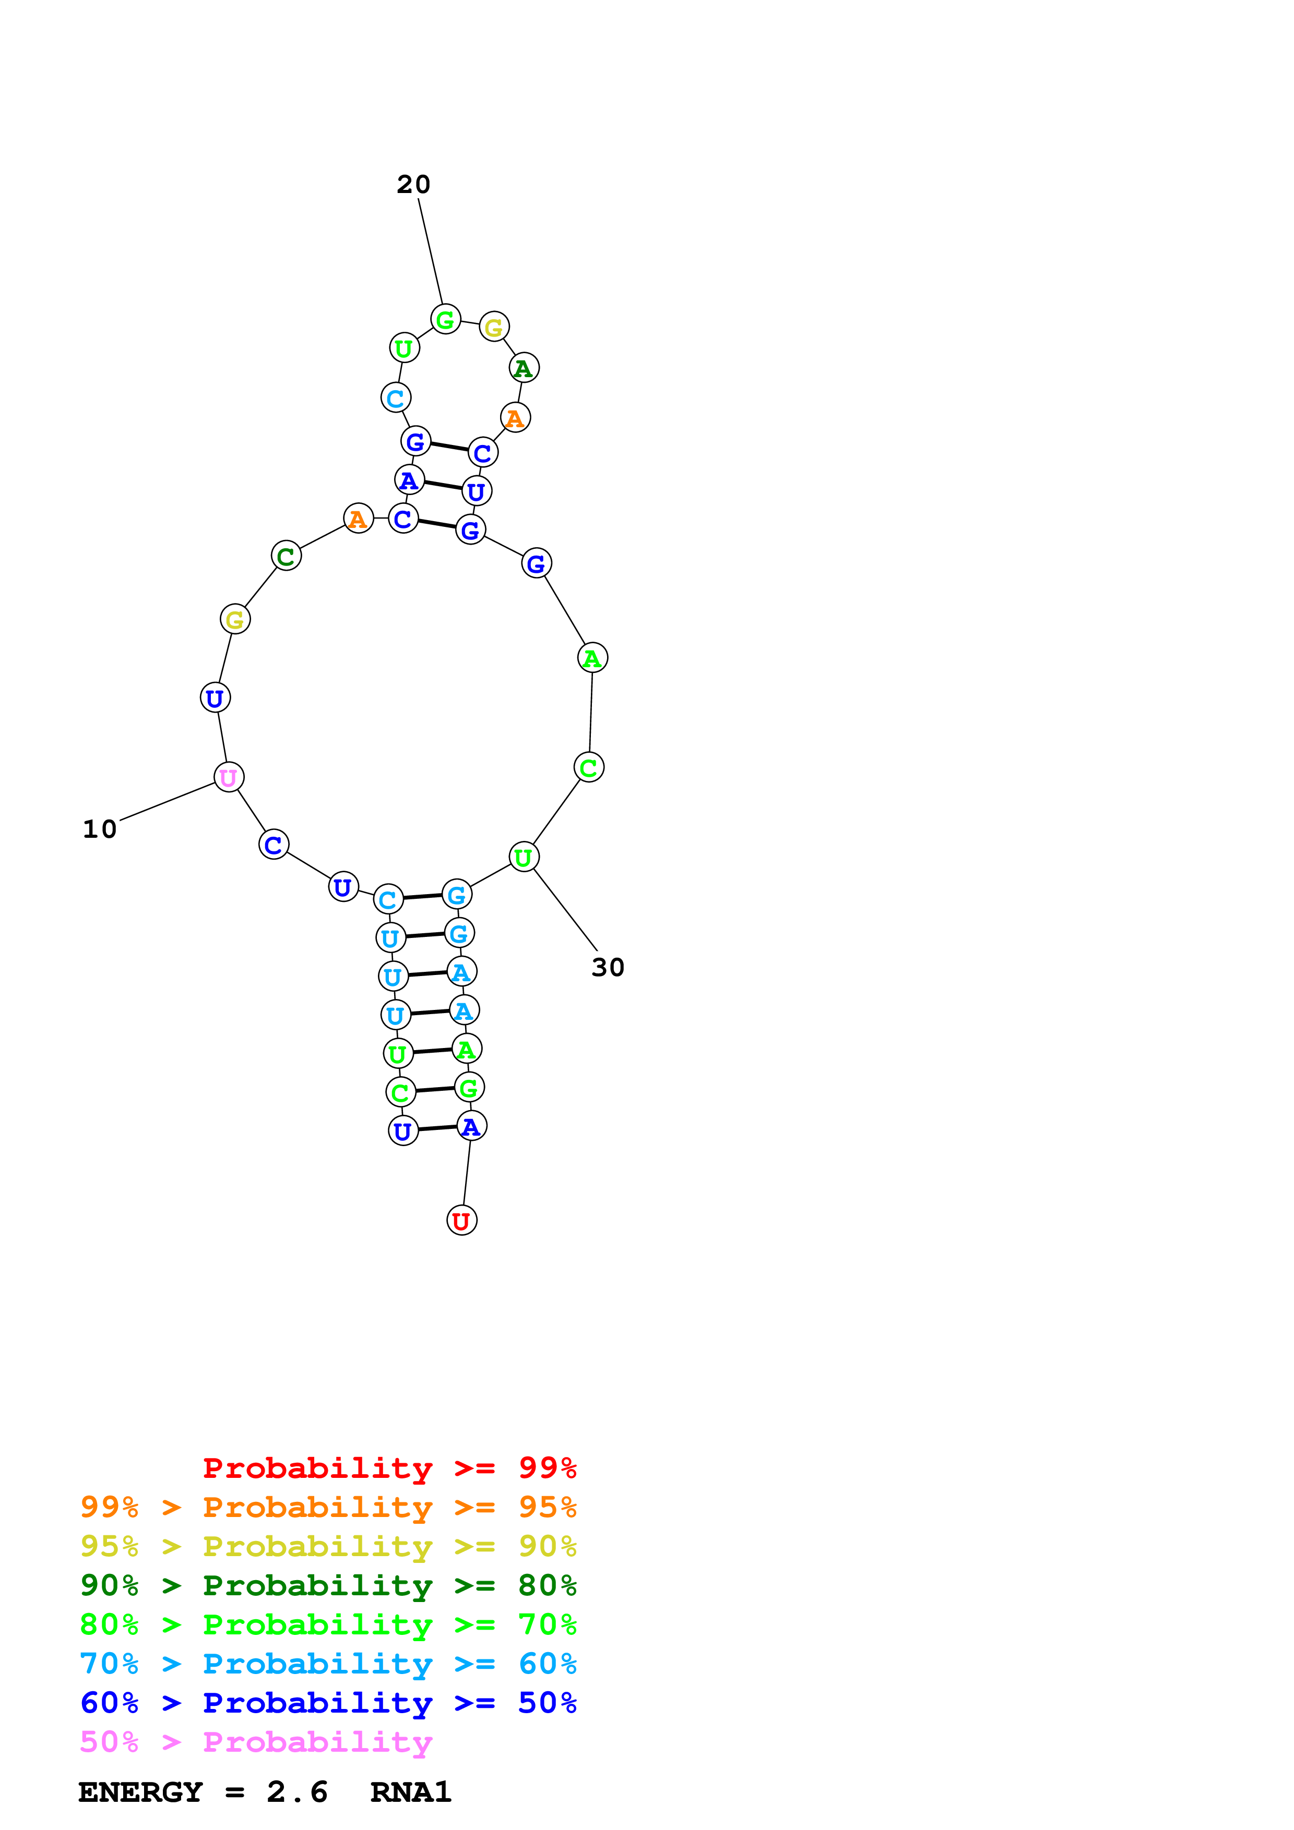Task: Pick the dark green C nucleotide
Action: pos(286,556)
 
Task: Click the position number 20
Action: pos(413,184)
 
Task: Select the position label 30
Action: pos(608,967)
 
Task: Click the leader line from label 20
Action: pos(431,251)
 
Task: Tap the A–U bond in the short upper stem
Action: pos(443,485)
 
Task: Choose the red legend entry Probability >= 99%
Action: pos(389,1468)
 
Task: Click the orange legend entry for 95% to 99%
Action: pos(328,1507)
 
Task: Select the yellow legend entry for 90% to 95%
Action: pos(328,1546)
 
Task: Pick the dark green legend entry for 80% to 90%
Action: pos(328,1585)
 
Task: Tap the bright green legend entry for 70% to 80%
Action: pos(328,1624)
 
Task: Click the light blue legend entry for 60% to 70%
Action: pos(328,1664)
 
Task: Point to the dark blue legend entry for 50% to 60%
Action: pos(328,1703)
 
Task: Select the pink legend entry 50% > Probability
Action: pos(256,1741)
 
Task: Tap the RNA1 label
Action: pos(411,1792)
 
